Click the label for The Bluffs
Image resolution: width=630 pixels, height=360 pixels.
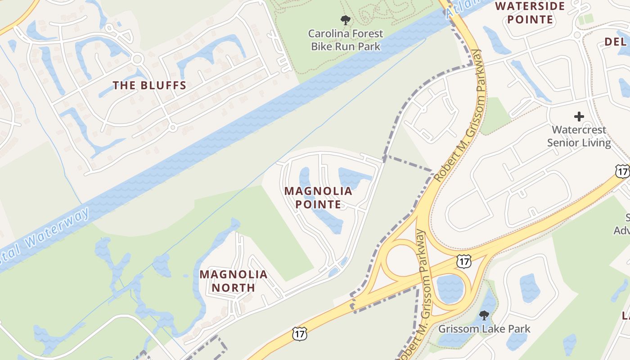point(149,85)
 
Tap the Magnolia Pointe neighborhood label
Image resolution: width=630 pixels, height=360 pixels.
point(318,198)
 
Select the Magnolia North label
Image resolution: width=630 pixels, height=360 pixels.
point(233,281)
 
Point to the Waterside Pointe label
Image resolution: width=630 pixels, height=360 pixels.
point(523,13)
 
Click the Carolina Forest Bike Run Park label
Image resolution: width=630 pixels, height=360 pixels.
point(345,40)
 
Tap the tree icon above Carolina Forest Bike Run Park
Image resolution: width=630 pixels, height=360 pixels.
point(345,20)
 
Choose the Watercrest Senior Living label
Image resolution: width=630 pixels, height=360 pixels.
point(579,136)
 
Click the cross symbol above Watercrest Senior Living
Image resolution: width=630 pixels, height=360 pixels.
point(579,117)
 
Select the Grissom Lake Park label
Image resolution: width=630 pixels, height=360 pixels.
point(484,329)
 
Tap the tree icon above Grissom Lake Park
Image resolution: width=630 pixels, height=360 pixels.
point(484,315)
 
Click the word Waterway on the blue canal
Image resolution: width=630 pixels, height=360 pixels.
point(58,228)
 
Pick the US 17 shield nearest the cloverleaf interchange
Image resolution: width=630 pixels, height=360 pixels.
point(464,261)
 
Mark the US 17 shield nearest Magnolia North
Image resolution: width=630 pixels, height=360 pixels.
point(299,333)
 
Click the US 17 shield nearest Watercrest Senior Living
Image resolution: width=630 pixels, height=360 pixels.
point(622,171)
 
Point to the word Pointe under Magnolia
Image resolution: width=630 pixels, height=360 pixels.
point(318,204)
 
